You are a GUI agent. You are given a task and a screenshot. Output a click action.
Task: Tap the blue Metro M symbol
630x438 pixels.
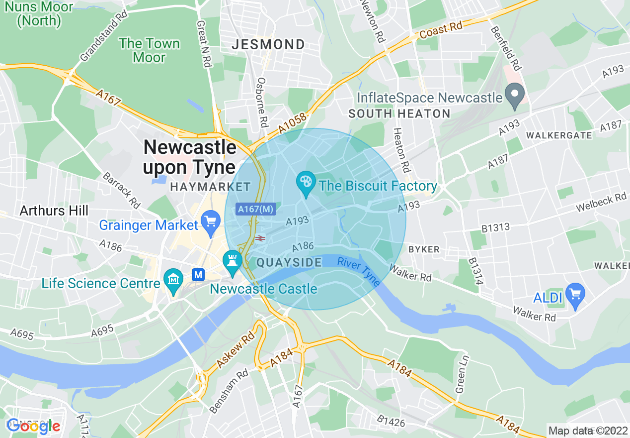click(x=199, y=274)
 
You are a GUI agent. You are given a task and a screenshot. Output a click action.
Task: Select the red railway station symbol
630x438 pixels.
click(x=259, y=238)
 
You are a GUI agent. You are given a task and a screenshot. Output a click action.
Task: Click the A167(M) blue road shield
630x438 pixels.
click(x=255, y=210)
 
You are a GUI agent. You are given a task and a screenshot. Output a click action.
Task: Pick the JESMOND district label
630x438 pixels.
click(x=268, y=45)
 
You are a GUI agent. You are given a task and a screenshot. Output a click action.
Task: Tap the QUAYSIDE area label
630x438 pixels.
click(x=289, y=263)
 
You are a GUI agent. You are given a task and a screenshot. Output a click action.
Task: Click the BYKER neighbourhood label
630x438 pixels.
click(x=424, y=249)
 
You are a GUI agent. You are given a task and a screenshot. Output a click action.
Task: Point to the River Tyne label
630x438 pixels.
click(x=359, y=271)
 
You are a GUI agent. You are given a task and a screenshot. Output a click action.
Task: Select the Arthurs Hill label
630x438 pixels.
click(x=54, y=211)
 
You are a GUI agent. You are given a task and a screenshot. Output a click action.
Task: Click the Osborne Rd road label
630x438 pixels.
click(x=262, y=102)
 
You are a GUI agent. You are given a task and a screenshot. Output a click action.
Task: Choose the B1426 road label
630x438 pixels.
click(x=391, y=422)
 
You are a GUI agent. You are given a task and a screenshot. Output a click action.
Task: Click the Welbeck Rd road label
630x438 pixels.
click(x=601, y=202)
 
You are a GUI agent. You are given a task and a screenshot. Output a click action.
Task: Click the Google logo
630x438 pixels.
click(x=33, y=426)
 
